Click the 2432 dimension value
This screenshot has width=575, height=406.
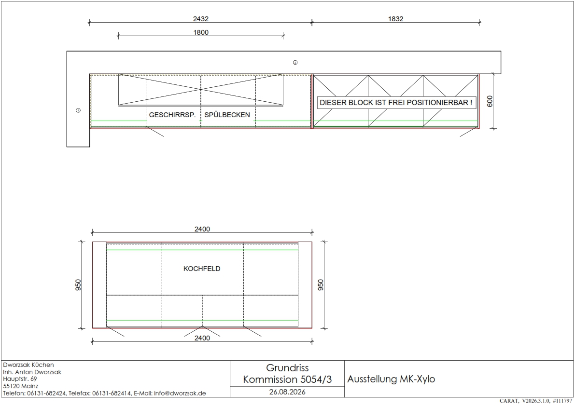(200, 19)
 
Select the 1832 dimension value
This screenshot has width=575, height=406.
(396, 19)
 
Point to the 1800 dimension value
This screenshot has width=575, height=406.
(201, 32)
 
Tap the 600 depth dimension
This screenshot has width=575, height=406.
(490, 101)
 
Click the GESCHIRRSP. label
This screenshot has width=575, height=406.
(172, 115)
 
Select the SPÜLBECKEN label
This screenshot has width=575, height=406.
(227, 115)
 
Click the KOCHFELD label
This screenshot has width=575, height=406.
(202, 269)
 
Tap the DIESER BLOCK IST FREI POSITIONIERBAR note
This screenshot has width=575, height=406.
(396, 103)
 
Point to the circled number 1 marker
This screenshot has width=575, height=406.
(78, 110)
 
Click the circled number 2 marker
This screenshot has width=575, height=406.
(295, 63)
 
